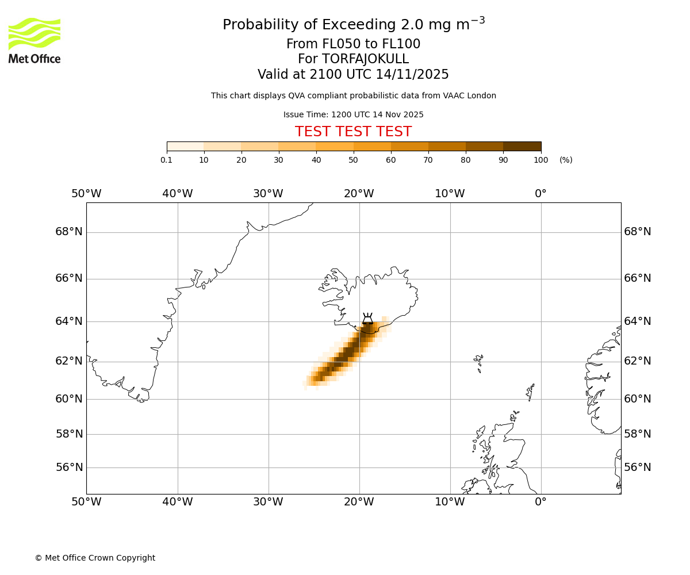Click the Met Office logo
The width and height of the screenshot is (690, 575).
coord(34,40)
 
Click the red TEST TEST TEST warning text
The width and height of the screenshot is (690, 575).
coord(353,132)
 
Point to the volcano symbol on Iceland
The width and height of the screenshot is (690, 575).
coord(367,319)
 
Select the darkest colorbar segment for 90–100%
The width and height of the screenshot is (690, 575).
coord(522,146)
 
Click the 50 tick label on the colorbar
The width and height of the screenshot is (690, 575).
coord(353,160)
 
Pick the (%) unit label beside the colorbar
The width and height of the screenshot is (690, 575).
coord(566,160)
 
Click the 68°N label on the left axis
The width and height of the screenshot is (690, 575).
coord(69,232)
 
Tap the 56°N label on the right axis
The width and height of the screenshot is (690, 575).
coord(638,467)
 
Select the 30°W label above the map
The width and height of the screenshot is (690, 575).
coord(268,194)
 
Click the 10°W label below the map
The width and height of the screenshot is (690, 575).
coord(450,502)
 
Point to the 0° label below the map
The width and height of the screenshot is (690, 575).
coord(540,502)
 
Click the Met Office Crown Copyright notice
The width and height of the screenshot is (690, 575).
coord(95,558)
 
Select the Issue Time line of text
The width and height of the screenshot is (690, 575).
coord(353,114)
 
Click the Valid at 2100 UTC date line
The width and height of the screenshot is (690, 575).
coord(353,75)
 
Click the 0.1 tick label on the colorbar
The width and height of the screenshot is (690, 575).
coord(167,160)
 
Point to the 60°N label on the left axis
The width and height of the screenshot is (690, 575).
coord(69,399)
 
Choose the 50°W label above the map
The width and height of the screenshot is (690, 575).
coord(86,194)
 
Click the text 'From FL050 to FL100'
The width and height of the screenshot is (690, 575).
coord(353,44)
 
